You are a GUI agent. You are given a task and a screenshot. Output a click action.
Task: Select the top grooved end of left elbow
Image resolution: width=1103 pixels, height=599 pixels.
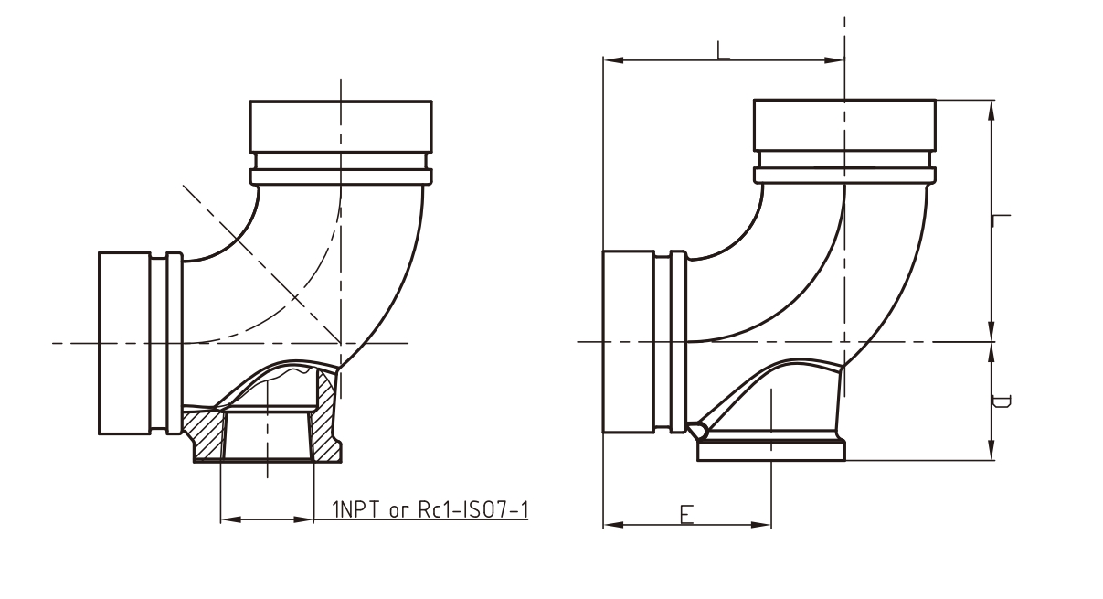pyautogui.click(x=341, y=128)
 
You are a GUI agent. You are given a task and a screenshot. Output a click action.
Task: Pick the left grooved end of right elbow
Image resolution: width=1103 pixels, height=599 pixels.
pyautogui.click(x=628, y=342)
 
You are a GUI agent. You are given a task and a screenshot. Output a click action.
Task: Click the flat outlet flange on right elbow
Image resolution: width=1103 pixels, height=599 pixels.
pyautogui.click(x=770, y=450)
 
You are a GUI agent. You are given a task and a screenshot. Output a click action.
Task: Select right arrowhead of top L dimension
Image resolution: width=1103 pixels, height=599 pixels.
pyautogui.click(x=837, y=60)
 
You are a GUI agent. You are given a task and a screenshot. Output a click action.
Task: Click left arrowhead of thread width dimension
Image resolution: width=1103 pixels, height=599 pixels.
pyautogui.click(x=228, y=519)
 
